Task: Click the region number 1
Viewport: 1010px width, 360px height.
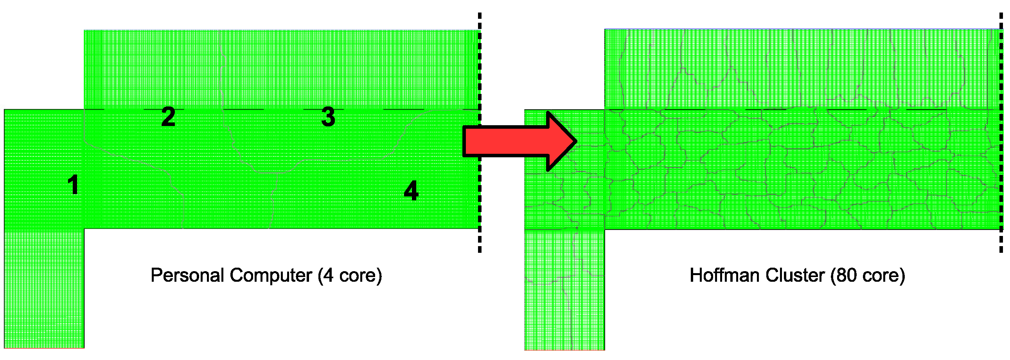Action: click(x=73, y=185)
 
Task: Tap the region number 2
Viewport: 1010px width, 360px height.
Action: click(x=168, y=117)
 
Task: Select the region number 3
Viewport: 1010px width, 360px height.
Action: click(x=328, y=117)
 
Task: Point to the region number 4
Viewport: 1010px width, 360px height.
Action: click(x=411, y=191)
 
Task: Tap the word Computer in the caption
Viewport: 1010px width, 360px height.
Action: click(x=271, y=275)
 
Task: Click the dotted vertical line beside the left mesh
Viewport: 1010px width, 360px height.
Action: click(x=479, y=133)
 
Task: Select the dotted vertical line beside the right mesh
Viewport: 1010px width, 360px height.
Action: click(x=1001, y=133)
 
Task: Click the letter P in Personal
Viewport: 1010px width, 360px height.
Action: click(x=156, y=275)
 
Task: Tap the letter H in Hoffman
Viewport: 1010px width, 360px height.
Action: click(x=695, y=275)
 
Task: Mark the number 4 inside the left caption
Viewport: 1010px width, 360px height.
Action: click(x=328, y=275)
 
